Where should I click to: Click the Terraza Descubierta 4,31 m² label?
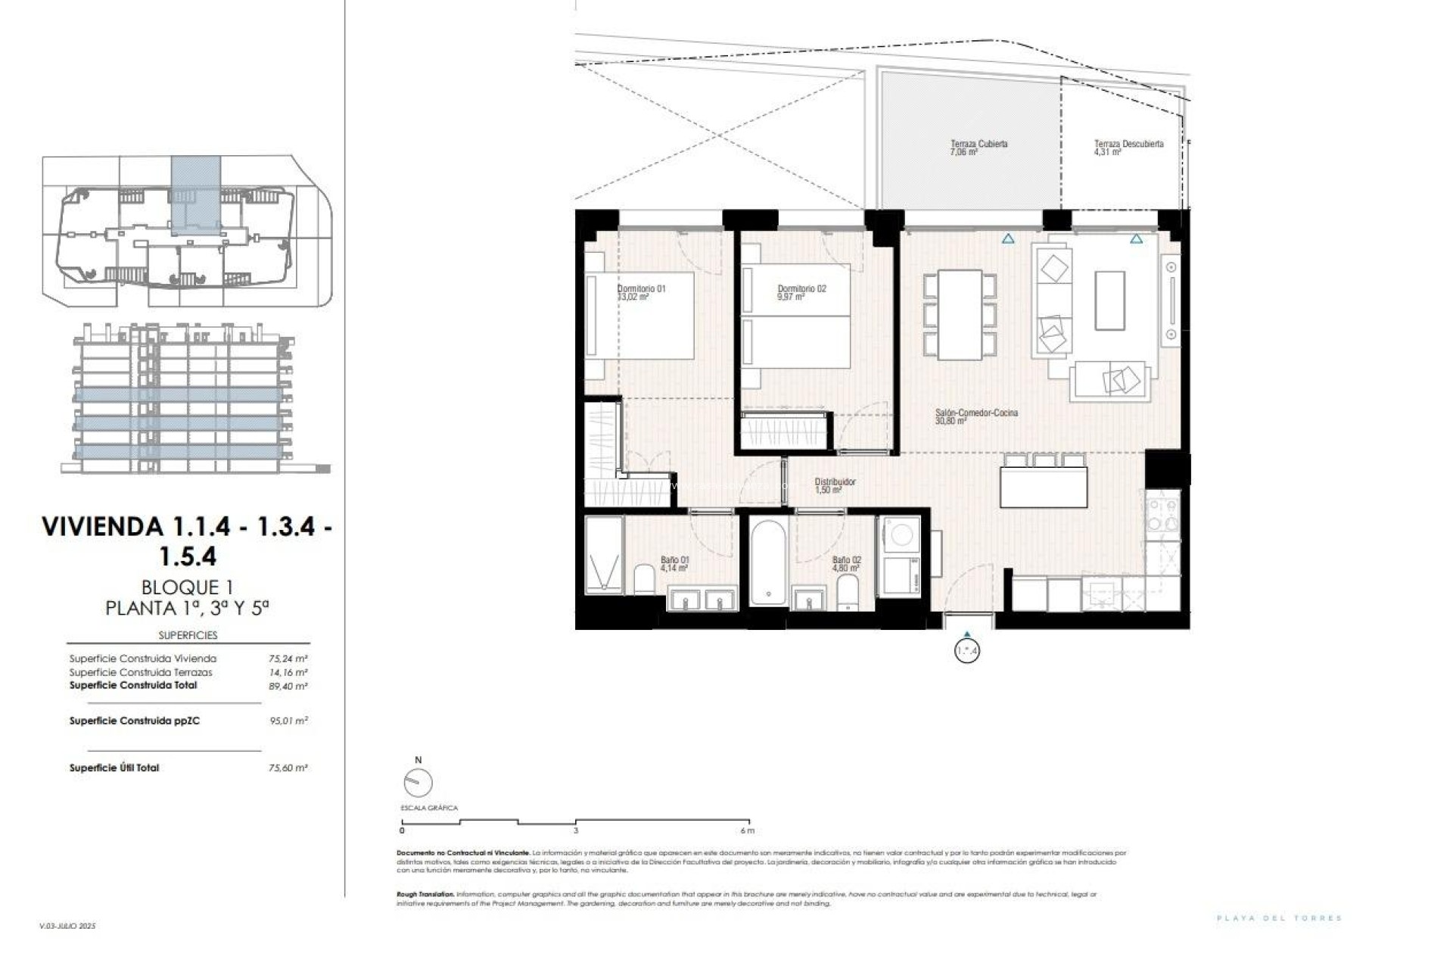point(1128,148)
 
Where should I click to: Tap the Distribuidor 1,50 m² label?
point(835,485)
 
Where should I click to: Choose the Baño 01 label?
point(674,563)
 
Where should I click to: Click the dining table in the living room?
point(960,315)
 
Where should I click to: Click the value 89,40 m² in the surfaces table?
point(288,687)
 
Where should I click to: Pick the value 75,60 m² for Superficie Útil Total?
point(288,768)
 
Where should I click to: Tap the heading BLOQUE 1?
point(187,587)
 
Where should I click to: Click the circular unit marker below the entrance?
point(967,650)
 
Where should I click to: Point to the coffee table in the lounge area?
point(1109,301)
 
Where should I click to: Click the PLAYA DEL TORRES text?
point(1279,918)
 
